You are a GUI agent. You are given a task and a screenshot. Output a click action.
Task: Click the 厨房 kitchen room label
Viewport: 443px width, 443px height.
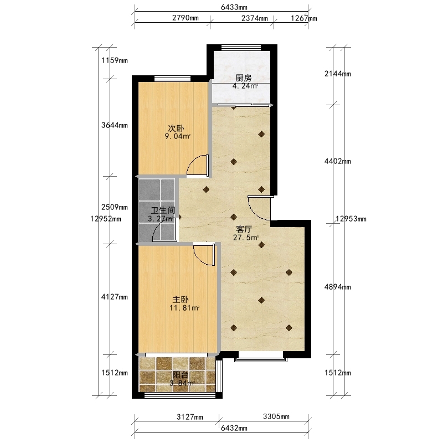(243, 78)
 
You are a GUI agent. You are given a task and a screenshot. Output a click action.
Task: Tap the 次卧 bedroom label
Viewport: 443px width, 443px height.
(176, 128)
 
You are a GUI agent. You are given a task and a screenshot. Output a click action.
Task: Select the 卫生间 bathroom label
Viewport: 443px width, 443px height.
(163, 210)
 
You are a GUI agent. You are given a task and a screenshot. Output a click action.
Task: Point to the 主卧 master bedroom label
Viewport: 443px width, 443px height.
(181, 300)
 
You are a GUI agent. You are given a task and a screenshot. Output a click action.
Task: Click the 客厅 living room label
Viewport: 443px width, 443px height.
(244, 229)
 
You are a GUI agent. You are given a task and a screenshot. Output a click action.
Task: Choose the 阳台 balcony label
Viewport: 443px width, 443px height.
(181, 375)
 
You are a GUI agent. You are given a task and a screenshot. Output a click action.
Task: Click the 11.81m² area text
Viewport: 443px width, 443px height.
(184, 308)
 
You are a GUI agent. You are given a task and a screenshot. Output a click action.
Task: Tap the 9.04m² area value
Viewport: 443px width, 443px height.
(178, 136)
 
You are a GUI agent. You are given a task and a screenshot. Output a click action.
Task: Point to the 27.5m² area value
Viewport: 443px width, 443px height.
(246, 238)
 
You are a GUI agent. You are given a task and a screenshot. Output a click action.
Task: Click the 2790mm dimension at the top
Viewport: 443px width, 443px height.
(186, 18)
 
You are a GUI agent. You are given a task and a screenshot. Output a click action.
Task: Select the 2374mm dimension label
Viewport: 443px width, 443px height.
(255, 18)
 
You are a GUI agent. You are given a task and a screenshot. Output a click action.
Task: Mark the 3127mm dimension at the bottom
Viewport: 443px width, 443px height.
(190, 417)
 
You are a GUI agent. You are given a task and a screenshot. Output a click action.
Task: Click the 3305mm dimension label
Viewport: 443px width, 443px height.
(276, 416)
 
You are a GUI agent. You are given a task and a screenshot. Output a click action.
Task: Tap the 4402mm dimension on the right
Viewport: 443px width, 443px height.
(338, 161)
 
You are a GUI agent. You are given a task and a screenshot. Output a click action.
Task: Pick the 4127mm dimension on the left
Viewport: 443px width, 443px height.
(115, 297)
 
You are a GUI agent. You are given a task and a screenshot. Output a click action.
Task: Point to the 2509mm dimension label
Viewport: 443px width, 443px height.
(115, 207)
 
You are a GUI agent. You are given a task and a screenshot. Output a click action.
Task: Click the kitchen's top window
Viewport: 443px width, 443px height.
(241, 48)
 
